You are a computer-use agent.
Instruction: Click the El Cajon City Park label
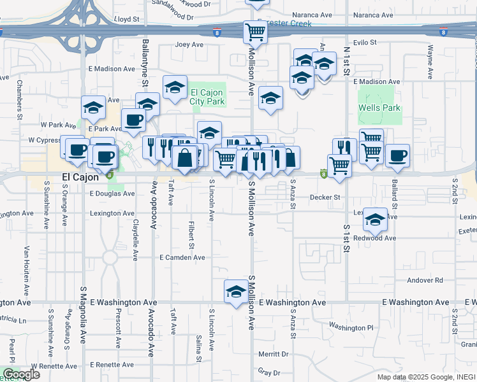click(207, 97)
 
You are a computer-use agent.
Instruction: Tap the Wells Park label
click(379, 108)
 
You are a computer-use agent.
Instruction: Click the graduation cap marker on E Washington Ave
click(236, 292)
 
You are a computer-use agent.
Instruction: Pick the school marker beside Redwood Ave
click(376, 220)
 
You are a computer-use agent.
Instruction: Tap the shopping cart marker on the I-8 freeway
click(255, 31)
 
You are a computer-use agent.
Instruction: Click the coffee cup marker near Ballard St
click(397, 155)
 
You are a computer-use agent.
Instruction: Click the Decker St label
click(325, 197)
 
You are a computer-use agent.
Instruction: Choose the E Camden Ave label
click(182, 257)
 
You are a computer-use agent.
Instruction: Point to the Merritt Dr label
click(274, 353)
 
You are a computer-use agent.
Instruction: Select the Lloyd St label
click(126, 20)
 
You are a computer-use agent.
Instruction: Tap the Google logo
click(20, 374)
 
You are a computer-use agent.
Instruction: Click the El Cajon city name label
click(80, 177)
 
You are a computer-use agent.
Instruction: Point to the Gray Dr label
click(268, 372)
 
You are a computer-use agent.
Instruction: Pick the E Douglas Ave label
click(112, 193)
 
